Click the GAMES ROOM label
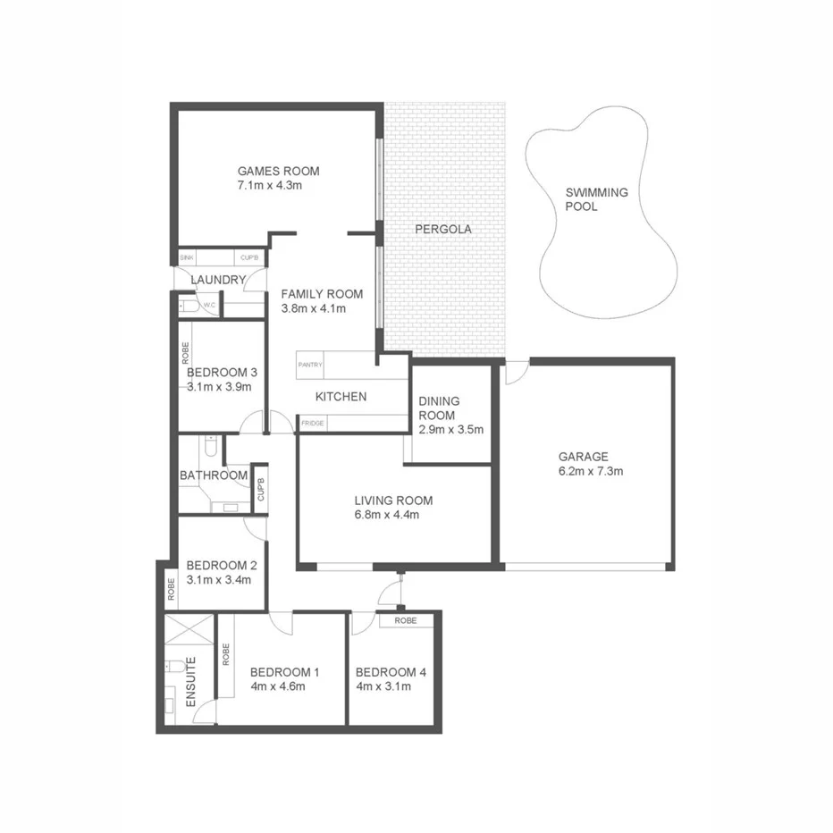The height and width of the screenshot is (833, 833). (x=277, y=171)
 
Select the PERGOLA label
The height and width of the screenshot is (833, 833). (x=442, y=230)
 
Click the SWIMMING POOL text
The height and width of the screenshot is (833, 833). (x=596, y=199)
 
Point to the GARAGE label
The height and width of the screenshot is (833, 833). (x=583, y=456)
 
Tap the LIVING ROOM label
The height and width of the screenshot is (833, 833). (x=392, y=501)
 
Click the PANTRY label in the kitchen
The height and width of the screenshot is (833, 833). (x=310, y=365)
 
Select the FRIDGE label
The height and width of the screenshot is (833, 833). (x=312, y=423)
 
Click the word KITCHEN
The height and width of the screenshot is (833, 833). (x=341, y=396)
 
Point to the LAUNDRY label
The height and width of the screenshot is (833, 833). (x=218, y=280)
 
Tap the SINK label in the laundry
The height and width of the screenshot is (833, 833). (x=187, y=258)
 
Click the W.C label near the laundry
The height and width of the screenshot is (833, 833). (x=209, y=306)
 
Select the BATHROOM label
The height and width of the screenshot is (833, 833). (x=213, y=475)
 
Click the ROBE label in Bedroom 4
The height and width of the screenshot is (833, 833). (x=406, y=619)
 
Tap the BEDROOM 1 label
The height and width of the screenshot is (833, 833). (x=284, y=672)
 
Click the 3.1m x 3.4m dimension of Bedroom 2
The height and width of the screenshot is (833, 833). (x=219, y=580)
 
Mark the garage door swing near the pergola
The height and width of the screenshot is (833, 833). (x=515, y=373)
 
